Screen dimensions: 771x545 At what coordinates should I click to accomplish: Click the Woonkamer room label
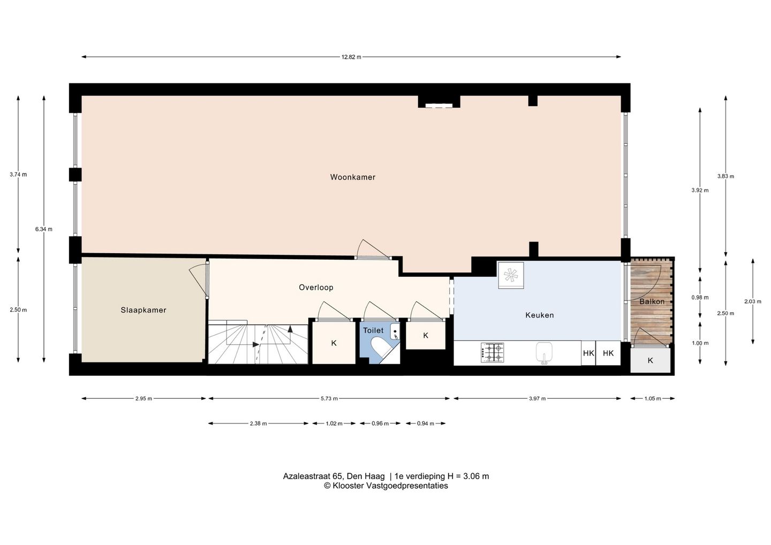click(x=352, y=177)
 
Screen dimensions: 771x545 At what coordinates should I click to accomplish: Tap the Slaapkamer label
click(x=143, y=310)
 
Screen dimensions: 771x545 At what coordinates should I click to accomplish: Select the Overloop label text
click(x=316, y=287)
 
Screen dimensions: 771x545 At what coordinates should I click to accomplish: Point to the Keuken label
click(x=539, y=315)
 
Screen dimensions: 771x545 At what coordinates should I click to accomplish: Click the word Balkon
click(x=652, y=301)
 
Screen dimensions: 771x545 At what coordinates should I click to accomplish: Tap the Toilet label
click(x=373, y=331)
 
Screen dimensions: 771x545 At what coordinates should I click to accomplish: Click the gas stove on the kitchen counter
click(x=492, y=353)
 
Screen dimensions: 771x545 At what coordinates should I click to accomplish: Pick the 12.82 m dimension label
click(x=351, y=57)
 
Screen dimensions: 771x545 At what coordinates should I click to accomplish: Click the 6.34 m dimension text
click(x=44, y=229)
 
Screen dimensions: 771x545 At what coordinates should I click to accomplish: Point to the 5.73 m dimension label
click(x=329, y=399)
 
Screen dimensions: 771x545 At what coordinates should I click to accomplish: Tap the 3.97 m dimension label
click(x=538, y=399)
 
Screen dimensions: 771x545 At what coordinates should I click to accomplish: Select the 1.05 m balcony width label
click(x=653, y=399)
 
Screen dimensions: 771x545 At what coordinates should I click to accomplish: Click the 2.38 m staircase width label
click(x=259, y=423)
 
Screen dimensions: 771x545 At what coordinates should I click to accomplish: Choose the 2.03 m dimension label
click(x=753, y=301)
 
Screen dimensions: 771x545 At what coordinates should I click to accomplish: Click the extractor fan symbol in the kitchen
click(x=511, y=275)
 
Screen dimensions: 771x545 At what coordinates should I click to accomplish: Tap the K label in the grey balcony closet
click(x=650, y=360)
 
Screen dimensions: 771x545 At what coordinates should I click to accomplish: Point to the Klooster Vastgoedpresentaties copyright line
click(x=386, y=486)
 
